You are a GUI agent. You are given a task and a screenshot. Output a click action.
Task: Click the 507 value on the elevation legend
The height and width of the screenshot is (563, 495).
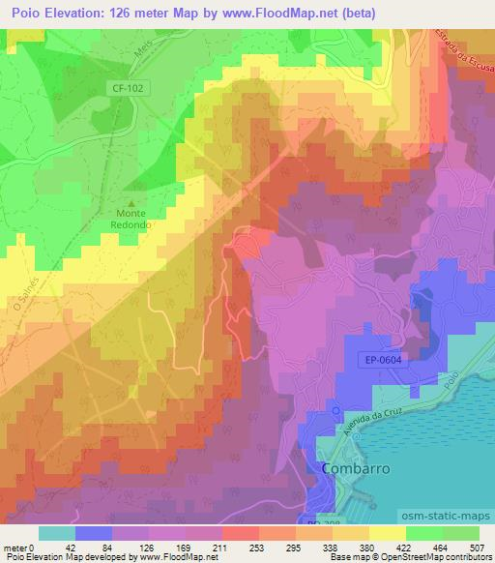478,547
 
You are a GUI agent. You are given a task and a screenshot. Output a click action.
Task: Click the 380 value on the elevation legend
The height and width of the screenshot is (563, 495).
367,547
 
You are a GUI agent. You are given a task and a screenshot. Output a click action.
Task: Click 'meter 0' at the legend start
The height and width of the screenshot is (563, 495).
20,547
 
